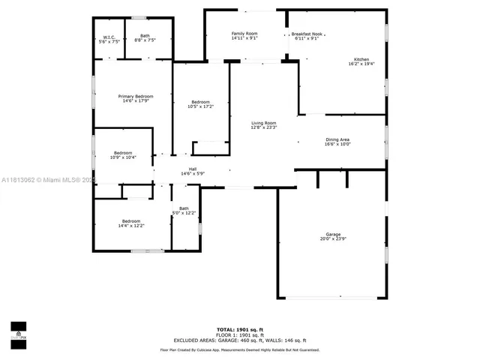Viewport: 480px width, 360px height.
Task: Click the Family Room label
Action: point(244,34)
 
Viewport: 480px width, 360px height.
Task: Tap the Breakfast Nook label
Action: point(307,34)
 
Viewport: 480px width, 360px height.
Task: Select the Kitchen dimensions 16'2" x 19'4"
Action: point(361,64)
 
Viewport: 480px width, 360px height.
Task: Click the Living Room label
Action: point(263,123)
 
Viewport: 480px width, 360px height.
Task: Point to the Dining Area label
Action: point(337,139)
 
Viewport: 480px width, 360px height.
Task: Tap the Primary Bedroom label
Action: point(136,96)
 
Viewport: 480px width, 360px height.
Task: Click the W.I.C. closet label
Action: point(109,37)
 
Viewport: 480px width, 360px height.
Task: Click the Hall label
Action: point(193,169)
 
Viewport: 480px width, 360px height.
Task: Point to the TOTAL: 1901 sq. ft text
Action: point(239,329)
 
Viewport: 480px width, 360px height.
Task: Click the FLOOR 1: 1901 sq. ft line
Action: point(239,334)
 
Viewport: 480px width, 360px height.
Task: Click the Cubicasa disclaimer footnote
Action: point(239,349)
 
